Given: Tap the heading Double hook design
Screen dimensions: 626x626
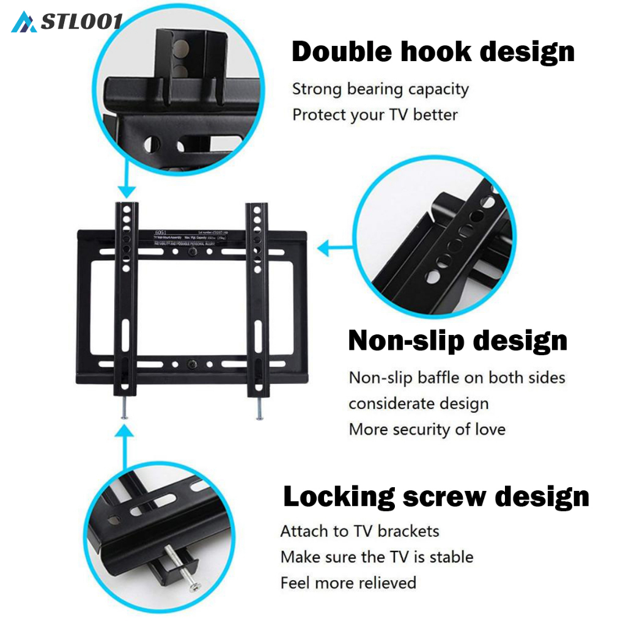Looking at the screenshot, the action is [433, 52].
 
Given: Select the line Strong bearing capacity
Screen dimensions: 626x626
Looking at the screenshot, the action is [380, 89].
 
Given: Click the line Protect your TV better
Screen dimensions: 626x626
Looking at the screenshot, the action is [375, 114].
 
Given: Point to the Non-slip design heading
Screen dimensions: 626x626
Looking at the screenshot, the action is [457, 341].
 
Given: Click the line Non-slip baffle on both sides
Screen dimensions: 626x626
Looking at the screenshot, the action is [457, 378].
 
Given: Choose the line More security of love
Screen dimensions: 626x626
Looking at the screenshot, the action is [427, 429].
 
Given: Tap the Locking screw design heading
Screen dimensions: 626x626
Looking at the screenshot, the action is [436, 497].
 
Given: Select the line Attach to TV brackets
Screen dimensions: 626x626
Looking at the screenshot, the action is [359, 531].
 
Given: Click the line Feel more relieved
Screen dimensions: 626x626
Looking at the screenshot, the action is [348, 583].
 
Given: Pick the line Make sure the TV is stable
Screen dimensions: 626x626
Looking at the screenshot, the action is [377, 557].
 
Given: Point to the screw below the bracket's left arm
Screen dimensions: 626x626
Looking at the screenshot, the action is [125, 409].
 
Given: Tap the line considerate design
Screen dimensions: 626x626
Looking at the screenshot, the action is [418, 403].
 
